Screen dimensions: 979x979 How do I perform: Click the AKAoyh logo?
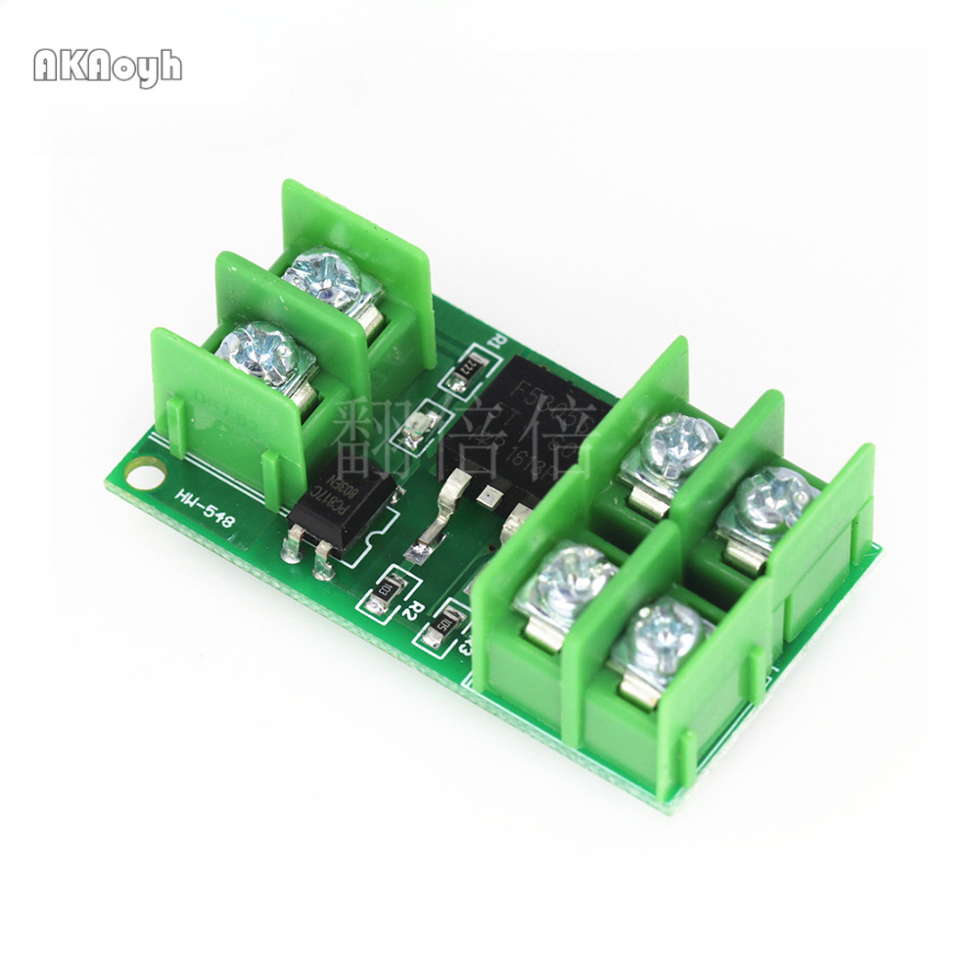108,67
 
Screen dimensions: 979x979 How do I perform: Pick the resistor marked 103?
384,590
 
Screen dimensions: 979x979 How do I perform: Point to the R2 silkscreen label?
414,610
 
